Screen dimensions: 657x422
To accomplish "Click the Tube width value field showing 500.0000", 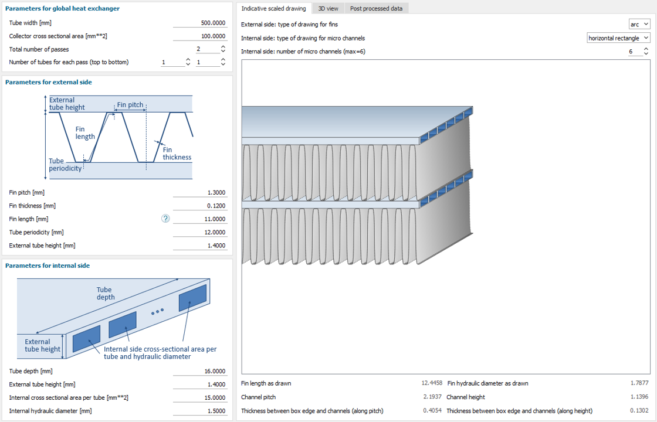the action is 200,23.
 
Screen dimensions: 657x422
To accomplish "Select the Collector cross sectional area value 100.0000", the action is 200,36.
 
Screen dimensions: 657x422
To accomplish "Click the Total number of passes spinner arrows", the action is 223,49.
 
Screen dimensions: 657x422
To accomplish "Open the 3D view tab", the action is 328,8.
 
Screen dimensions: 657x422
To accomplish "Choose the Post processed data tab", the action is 376,8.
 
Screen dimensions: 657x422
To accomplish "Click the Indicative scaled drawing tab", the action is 273,8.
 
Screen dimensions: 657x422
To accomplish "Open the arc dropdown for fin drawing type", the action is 639,24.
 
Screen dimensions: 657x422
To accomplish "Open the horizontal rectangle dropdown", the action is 618,38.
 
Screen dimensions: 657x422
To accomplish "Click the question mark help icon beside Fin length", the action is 165,219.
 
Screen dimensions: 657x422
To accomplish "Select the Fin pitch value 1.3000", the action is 200,193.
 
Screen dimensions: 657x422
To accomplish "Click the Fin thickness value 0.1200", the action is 200,206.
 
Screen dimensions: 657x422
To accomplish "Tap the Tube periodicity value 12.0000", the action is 200,232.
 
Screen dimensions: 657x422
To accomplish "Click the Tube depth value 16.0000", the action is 200,372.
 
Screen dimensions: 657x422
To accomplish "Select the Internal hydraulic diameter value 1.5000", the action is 200,411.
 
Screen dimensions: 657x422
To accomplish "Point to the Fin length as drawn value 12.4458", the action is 432,383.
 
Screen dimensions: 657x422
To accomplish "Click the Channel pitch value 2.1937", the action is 432,397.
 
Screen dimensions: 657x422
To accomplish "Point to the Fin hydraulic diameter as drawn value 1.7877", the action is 639,383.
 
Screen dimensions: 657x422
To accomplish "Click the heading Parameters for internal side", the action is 48,266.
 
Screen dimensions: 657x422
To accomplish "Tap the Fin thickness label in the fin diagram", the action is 177,154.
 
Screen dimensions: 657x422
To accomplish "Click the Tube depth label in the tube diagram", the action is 106,294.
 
